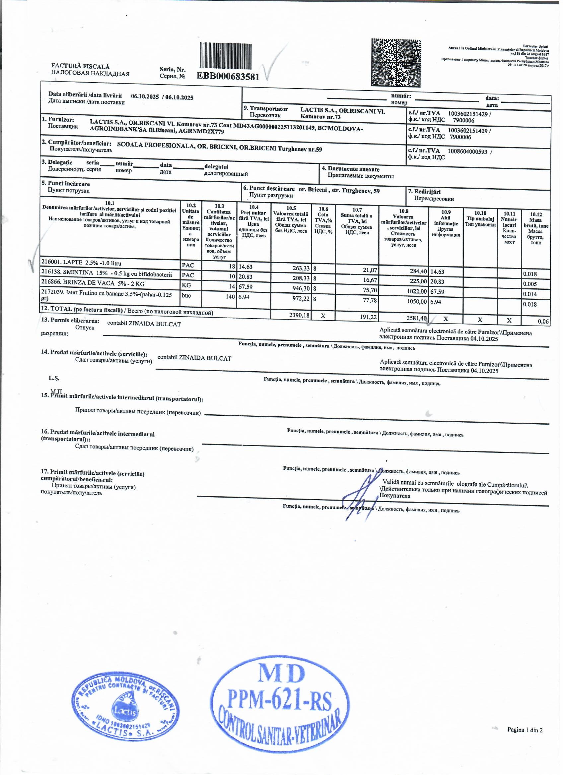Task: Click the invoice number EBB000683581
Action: [x=228, y=76]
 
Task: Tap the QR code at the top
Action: [x=396, y=63]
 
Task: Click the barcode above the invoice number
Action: [x=225, y=56]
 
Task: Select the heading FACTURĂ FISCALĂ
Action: [x=80, y=66]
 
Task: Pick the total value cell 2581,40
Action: [x=417, y=318]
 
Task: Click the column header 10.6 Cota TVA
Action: [x=323, y=220]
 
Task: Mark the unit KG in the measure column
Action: [x=186, y=285]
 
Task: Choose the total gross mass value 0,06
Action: [x=543, y=321]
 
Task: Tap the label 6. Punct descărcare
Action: [x=269, y=189]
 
